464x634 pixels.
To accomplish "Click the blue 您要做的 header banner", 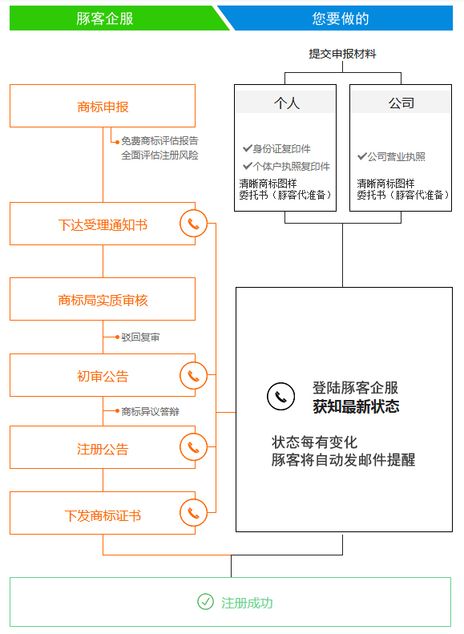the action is click(x=341, y=18).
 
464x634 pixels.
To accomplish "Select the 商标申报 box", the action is click(x=103, y=106).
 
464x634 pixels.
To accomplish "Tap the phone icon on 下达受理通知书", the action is click(x=194, y=224).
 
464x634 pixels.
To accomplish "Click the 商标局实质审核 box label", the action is click(x=103, y=300).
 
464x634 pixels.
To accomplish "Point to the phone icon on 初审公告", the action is click(x=194, y=376).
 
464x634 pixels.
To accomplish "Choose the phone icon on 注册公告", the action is click(x=194, y=446).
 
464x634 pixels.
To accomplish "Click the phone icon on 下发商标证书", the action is click(x=194, y=513).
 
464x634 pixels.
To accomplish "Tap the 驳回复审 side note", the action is click(x=140, y=337).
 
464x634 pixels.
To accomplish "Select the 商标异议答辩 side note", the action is click(x=150, y=411).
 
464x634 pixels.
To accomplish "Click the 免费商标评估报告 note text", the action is click(x=159, y=141).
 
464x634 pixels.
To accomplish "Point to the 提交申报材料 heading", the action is click(x=342, y=54).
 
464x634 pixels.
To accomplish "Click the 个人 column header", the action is click(x=286, y=103).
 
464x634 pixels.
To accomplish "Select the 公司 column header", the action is click(x=401, y=103).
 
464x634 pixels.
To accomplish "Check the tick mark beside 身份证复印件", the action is click(x=248, y=148).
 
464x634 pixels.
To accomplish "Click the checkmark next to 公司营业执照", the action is click(x=362, y=156).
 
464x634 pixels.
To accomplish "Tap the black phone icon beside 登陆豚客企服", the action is click(x=281, y=396).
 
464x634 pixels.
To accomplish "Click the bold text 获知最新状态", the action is click(x=356, y=406).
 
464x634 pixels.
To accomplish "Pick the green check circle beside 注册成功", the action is click(x=205, y=602).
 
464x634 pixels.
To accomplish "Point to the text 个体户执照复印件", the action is click(x=292, y=166).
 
